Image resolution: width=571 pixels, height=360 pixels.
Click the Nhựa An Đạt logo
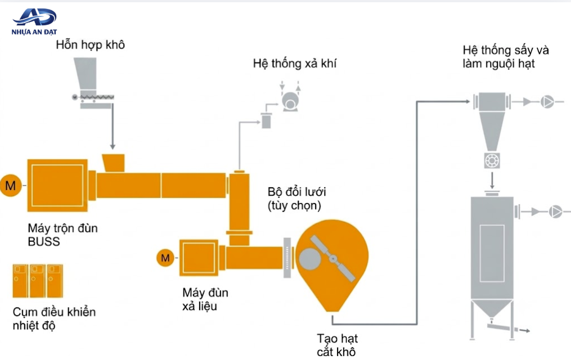coord(34,22)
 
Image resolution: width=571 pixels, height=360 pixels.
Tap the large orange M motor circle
coord(11,186)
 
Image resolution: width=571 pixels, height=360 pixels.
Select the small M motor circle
coord(165,258)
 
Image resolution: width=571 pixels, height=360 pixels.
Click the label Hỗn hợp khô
coord(91,45)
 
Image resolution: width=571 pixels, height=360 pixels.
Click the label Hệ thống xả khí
coord(295,64)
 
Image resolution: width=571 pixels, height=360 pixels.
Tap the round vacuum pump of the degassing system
coord(290,101)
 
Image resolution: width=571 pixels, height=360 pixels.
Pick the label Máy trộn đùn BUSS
coord(62,235)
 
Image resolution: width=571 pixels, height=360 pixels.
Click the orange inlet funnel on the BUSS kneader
coord(114,163)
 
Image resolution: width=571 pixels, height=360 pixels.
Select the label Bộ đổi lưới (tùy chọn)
coord(297,199)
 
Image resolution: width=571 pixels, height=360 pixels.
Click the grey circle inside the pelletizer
coord(310,259)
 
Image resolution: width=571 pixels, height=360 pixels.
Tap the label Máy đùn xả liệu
coord(205,299)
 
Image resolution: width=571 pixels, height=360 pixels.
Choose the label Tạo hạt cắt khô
coord(337,345)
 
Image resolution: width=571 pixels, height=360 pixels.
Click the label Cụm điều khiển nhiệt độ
coord(54,318)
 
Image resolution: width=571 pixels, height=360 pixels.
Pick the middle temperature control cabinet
coord(38,281)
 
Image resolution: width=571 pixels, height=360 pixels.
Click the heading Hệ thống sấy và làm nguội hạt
coord(505,57)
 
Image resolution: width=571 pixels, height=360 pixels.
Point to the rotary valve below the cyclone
coord(492,160)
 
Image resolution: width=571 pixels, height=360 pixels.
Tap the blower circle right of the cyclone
coord(547,102)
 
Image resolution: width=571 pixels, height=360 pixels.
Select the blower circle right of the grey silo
coord(556,211)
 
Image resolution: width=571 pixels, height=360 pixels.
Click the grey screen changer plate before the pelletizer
coord(287,258)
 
